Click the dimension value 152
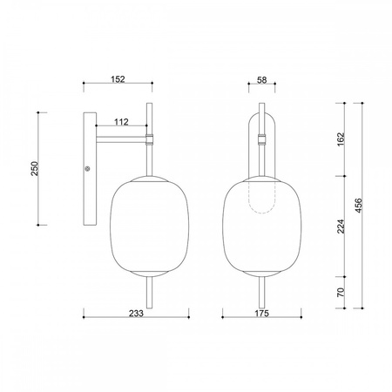click(x=118, y=79)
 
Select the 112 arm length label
click(x=121, y=122)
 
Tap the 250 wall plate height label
click(x=35, y=168)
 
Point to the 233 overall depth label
click(x=136, y=314)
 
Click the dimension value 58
click(x=261, y=80)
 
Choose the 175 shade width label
click(x=262, y=314)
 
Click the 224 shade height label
click(x=341, y=226)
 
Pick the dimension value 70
click(x=341, y=292)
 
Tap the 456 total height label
click(x=359, y=206)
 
